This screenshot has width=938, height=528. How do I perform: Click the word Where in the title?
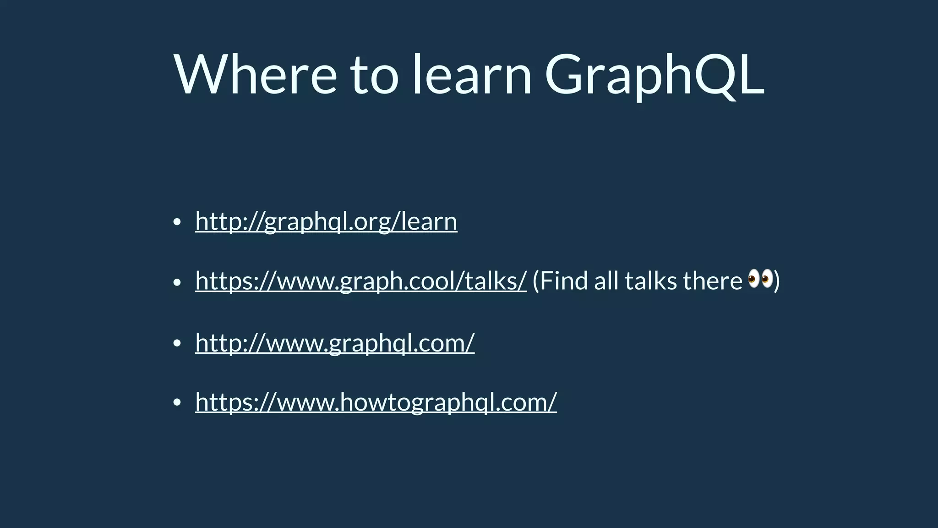tap(255, 74)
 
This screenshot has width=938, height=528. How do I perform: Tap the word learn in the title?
tap(472, 74)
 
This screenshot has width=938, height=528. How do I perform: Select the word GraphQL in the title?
tap(654, 74)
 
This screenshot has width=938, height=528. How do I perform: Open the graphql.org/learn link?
tap(326, 221)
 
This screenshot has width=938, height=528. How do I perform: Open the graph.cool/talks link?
tap(361, 281)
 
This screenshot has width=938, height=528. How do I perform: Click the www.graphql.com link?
tap(335, 343)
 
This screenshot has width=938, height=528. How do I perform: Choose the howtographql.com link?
tap(376, 402)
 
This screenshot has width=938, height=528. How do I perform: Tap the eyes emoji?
tap(760, 279)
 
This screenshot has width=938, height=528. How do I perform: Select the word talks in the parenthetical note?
tap(650, 281)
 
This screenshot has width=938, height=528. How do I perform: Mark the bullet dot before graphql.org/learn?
tap(177, 223)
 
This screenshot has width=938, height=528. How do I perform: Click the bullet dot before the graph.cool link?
tap(177, 283)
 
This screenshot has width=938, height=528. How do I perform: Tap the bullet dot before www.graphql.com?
tap(177, 344)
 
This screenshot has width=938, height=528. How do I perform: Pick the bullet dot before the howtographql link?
tap(177, 403)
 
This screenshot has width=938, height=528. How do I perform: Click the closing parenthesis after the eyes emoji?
tap(777, 281)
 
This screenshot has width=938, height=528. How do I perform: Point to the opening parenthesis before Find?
tap(536, 281)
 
